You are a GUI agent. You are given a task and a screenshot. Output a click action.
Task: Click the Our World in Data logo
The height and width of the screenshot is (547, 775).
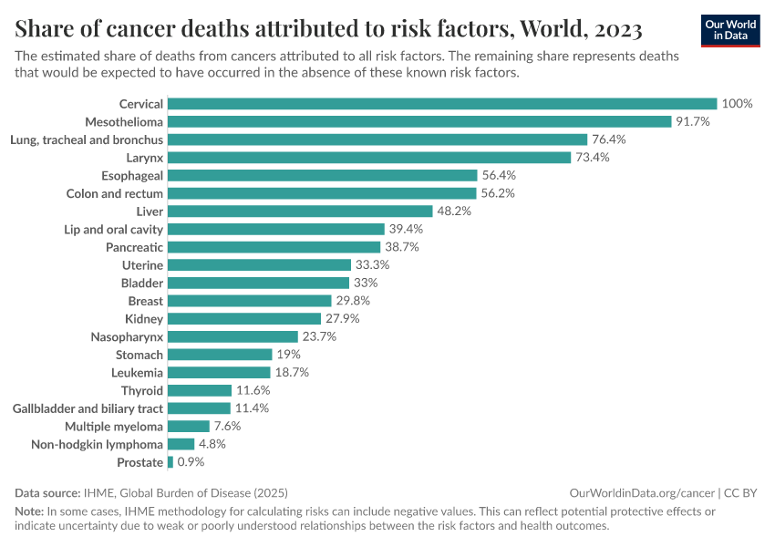click(x=729, y=29)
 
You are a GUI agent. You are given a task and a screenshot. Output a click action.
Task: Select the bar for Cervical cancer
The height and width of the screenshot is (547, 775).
click(x=442, y=104)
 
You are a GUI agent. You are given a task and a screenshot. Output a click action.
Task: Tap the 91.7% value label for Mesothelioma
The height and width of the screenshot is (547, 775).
click(x=692, y=121)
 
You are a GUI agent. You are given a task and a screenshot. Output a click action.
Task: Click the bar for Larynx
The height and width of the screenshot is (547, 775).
click(x=377, y=158)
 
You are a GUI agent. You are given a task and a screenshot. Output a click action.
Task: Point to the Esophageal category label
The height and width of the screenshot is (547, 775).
click(x=132, y=175)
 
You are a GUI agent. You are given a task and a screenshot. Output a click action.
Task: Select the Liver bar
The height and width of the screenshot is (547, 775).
click(x=300, y=212)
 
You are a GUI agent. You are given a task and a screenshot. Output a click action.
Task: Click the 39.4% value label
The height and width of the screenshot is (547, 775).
click(x=406, y=229)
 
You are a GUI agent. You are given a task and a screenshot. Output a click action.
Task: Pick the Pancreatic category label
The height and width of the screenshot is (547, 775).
click(x=134, y=247)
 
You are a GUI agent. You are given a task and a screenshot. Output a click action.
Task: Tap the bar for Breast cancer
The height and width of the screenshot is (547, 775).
click(x=250, y=301)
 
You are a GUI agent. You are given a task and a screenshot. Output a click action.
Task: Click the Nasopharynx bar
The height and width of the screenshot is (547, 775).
click(x=232, y=336)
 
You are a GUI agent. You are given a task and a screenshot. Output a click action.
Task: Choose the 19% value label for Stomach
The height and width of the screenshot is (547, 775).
click(x=288, y=355)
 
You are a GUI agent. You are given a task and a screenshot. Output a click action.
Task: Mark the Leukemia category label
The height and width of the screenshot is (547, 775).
click(x=137, y=373)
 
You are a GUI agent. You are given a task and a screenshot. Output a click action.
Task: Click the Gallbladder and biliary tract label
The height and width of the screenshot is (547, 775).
click(x=88, y=408)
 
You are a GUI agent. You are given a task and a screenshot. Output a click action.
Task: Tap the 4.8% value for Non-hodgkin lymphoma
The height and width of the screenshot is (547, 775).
click(x=212, y=444)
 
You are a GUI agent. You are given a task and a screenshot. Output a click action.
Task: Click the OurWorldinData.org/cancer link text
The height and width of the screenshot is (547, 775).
click(x=642, y=492)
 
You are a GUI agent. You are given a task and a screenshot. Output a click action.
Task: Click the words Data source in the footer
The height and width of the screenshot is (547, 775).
click(x=46, y=492)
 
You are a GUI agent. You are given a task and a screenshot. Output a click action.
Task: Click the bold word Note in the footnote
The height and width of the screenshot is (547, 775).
click(x=29, y=511)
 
